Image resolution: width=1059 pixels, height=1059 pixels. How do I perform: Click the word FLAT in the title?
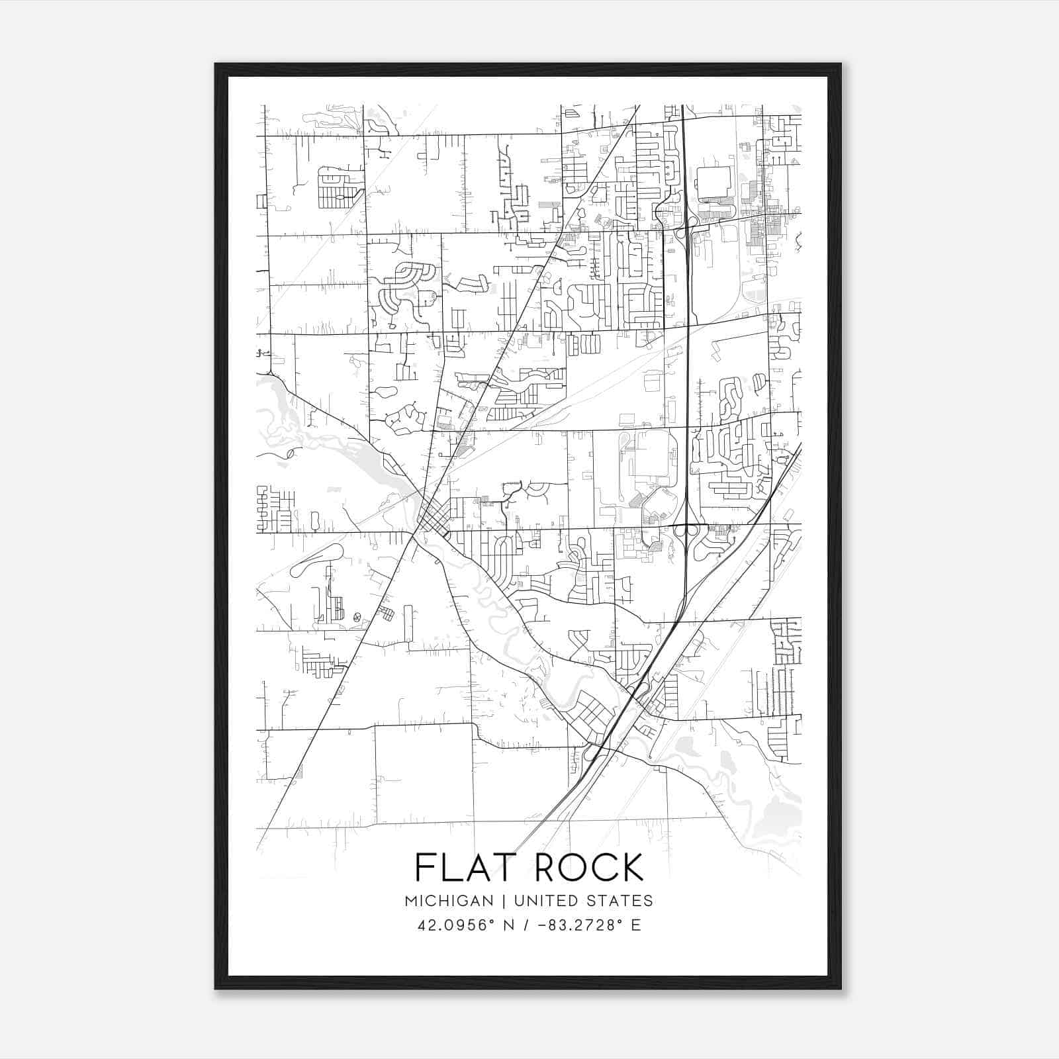pos(455,867)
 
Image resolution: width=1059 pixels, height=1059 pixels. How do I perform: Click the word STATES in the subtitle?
pos(620,901)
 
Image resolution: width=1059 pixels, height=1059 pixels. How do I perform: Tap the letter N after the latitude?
pos(509,925)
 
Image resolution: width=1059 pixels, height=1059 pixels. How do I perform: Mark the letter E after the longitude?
pos(635,925)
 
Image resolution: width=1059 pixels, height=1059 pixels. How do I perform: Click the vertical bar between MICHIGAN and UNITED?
pos(504,901)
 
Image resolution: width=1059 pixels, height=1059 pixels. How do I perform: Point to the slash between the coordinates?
pos(526,925)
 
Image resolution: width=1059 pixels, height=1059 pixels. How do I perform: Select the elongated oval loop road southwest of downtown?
pos(317,561)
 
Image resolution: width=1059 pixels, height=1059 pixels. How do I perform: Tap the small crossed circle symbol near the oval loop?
pos(357,617)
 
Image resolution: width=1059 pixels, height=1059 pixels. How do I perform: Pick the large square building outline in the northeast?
pos(713,183)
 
